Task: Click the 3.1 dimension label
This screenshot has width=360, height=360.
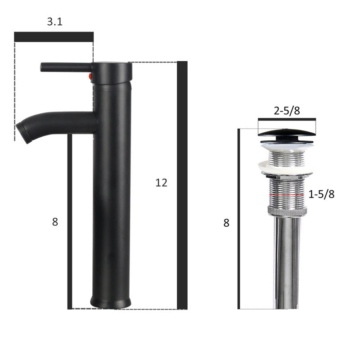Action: pyautogui.click(x=54, y=22)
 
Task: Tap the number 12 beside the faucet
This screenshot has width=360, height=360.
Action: pyautogui.click(x=161, y=183)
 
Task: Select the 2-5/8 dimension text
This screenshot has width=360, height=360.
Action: pyautogui.click(x=287, y=111)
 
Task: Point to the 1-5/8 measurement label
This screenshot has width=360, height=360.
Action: pyautogui.click(x=321, y=194)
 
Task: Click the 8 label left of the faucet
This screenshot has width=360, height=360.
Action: pyautogui.click(x=55, y=222)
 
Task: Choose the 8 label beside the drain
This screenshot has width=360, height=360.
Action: pyautogui.click(x=226, y=223)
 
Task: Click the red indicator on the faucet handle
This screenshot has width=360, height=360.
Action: pyautogui.click(x=90, y=76)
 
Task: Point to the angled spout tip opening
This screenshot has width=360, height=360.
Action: pyautogui.click(x=23, y=133)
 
